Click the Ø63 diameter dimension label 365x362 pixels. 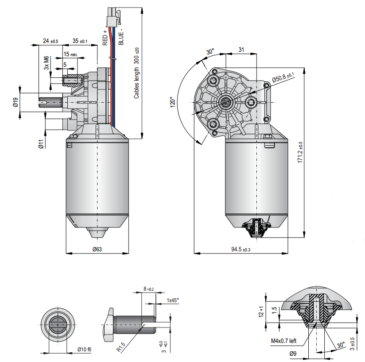pos(97,249)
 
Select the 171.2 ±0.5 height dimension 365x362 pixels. pos(300,153)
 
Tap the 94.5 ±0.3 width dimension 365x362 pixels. pos(241,249)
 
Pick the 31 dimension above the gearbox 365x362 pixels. pos(241,50)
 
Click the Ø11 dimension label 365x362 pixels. pos(40,144)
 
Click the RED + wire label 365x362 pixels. pos(105,38)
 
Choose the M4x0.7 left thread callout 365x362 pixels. pos(284,341)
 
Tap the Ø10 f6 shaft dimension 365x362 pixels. pos(84,350)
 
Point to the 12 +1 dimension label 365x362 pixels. pos(262,312)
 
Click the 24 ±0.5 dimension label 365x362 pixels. pos(50,41)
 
